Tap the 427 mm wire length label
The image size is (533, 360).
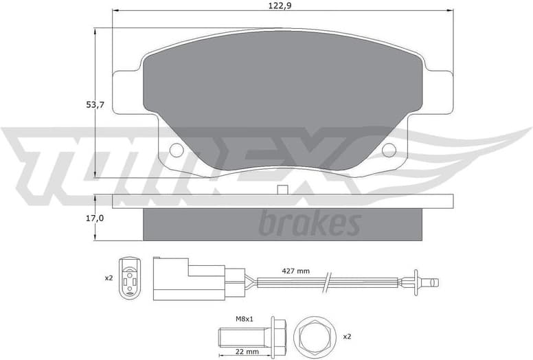(x=295, y=271)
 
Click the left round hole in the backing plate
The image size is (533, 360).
(x=176, y=150)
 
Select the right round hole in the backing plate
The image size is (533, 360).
(x=389, y=150)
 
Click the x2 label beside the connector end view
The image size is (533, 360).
(x=108, y=278)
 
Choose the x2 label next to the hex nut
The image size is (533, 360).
(x=347, y=336)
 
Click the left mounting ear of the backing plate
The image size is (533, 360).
(x=127, y=92)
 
